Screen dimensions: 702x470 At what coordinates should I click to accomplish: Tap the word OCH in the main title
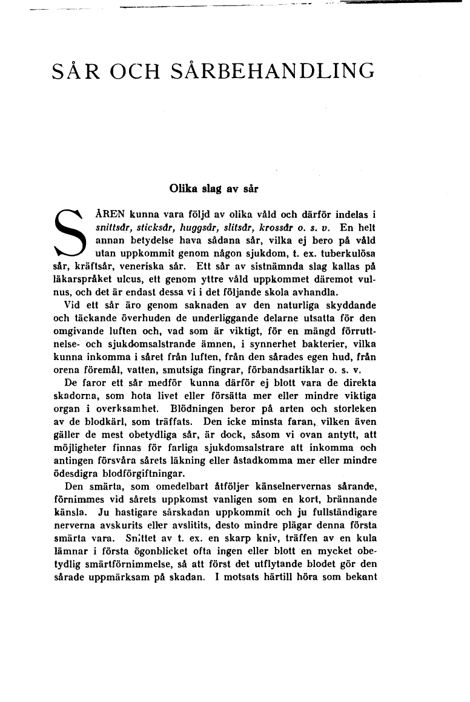pyautogui.click(x=131, y=73)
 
